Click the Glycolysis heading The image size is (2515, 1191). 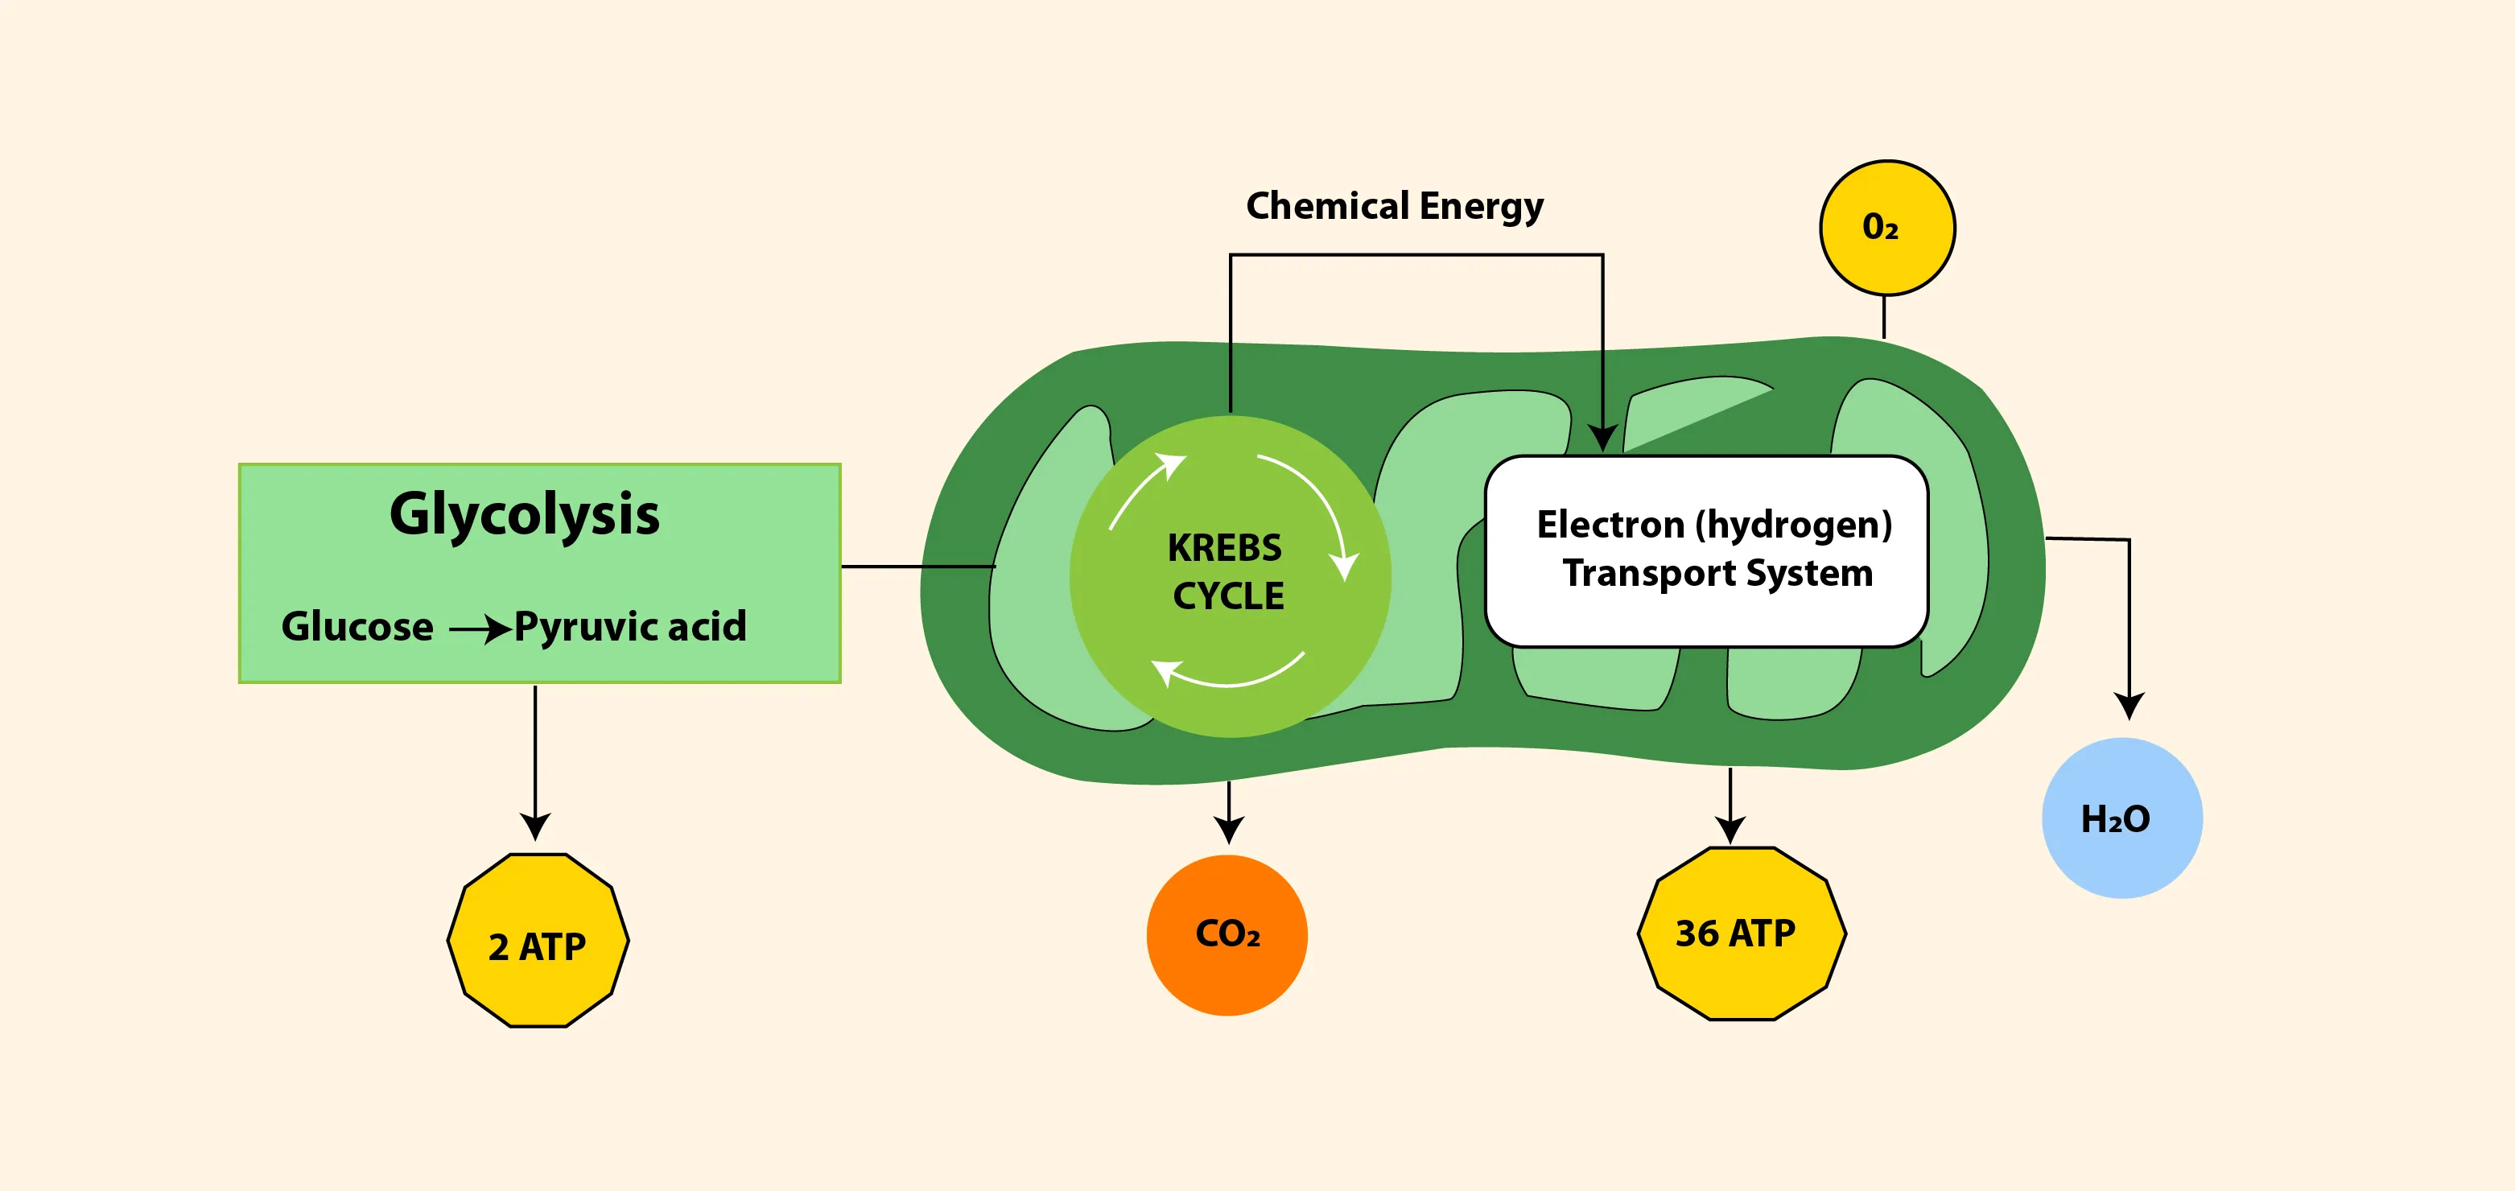tap(524, 514)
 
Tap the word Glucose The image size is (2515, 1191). tap(357, 627)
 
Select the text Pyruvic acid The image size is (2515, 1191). tap(629, 627)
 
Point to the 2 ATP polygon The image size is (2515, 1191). tap(538, 941)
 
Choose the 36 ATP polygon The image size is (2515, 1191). tap(1741, 934)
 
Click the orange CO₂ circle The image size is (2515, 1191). tap(1227, 935)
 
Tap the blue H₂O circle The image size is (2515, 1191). tap(2121, 818)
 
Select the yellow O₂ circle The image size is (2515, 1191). tap(1887, 228)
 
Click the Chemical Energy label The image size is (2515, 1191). tap(1394, 206)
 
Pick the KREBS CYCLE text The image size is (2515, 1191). tap(1227, 572)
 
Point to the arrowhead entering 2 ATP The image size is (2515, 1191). tap(535, 828)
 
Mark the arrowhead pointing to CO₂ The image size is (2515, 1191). tap(1228, 830)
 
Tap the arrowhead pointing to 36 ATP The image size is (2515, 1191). tap(1730, 830)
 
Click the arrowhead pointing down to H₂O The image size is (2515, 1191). tap(2130, 706)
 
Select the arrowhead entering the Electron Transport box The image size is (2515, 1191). tap(1602, 439)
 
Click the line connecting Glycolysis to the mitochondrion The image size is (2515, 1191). tap(917, 567)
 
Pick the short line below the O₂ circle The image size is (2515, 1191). tap(1883, 317)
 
